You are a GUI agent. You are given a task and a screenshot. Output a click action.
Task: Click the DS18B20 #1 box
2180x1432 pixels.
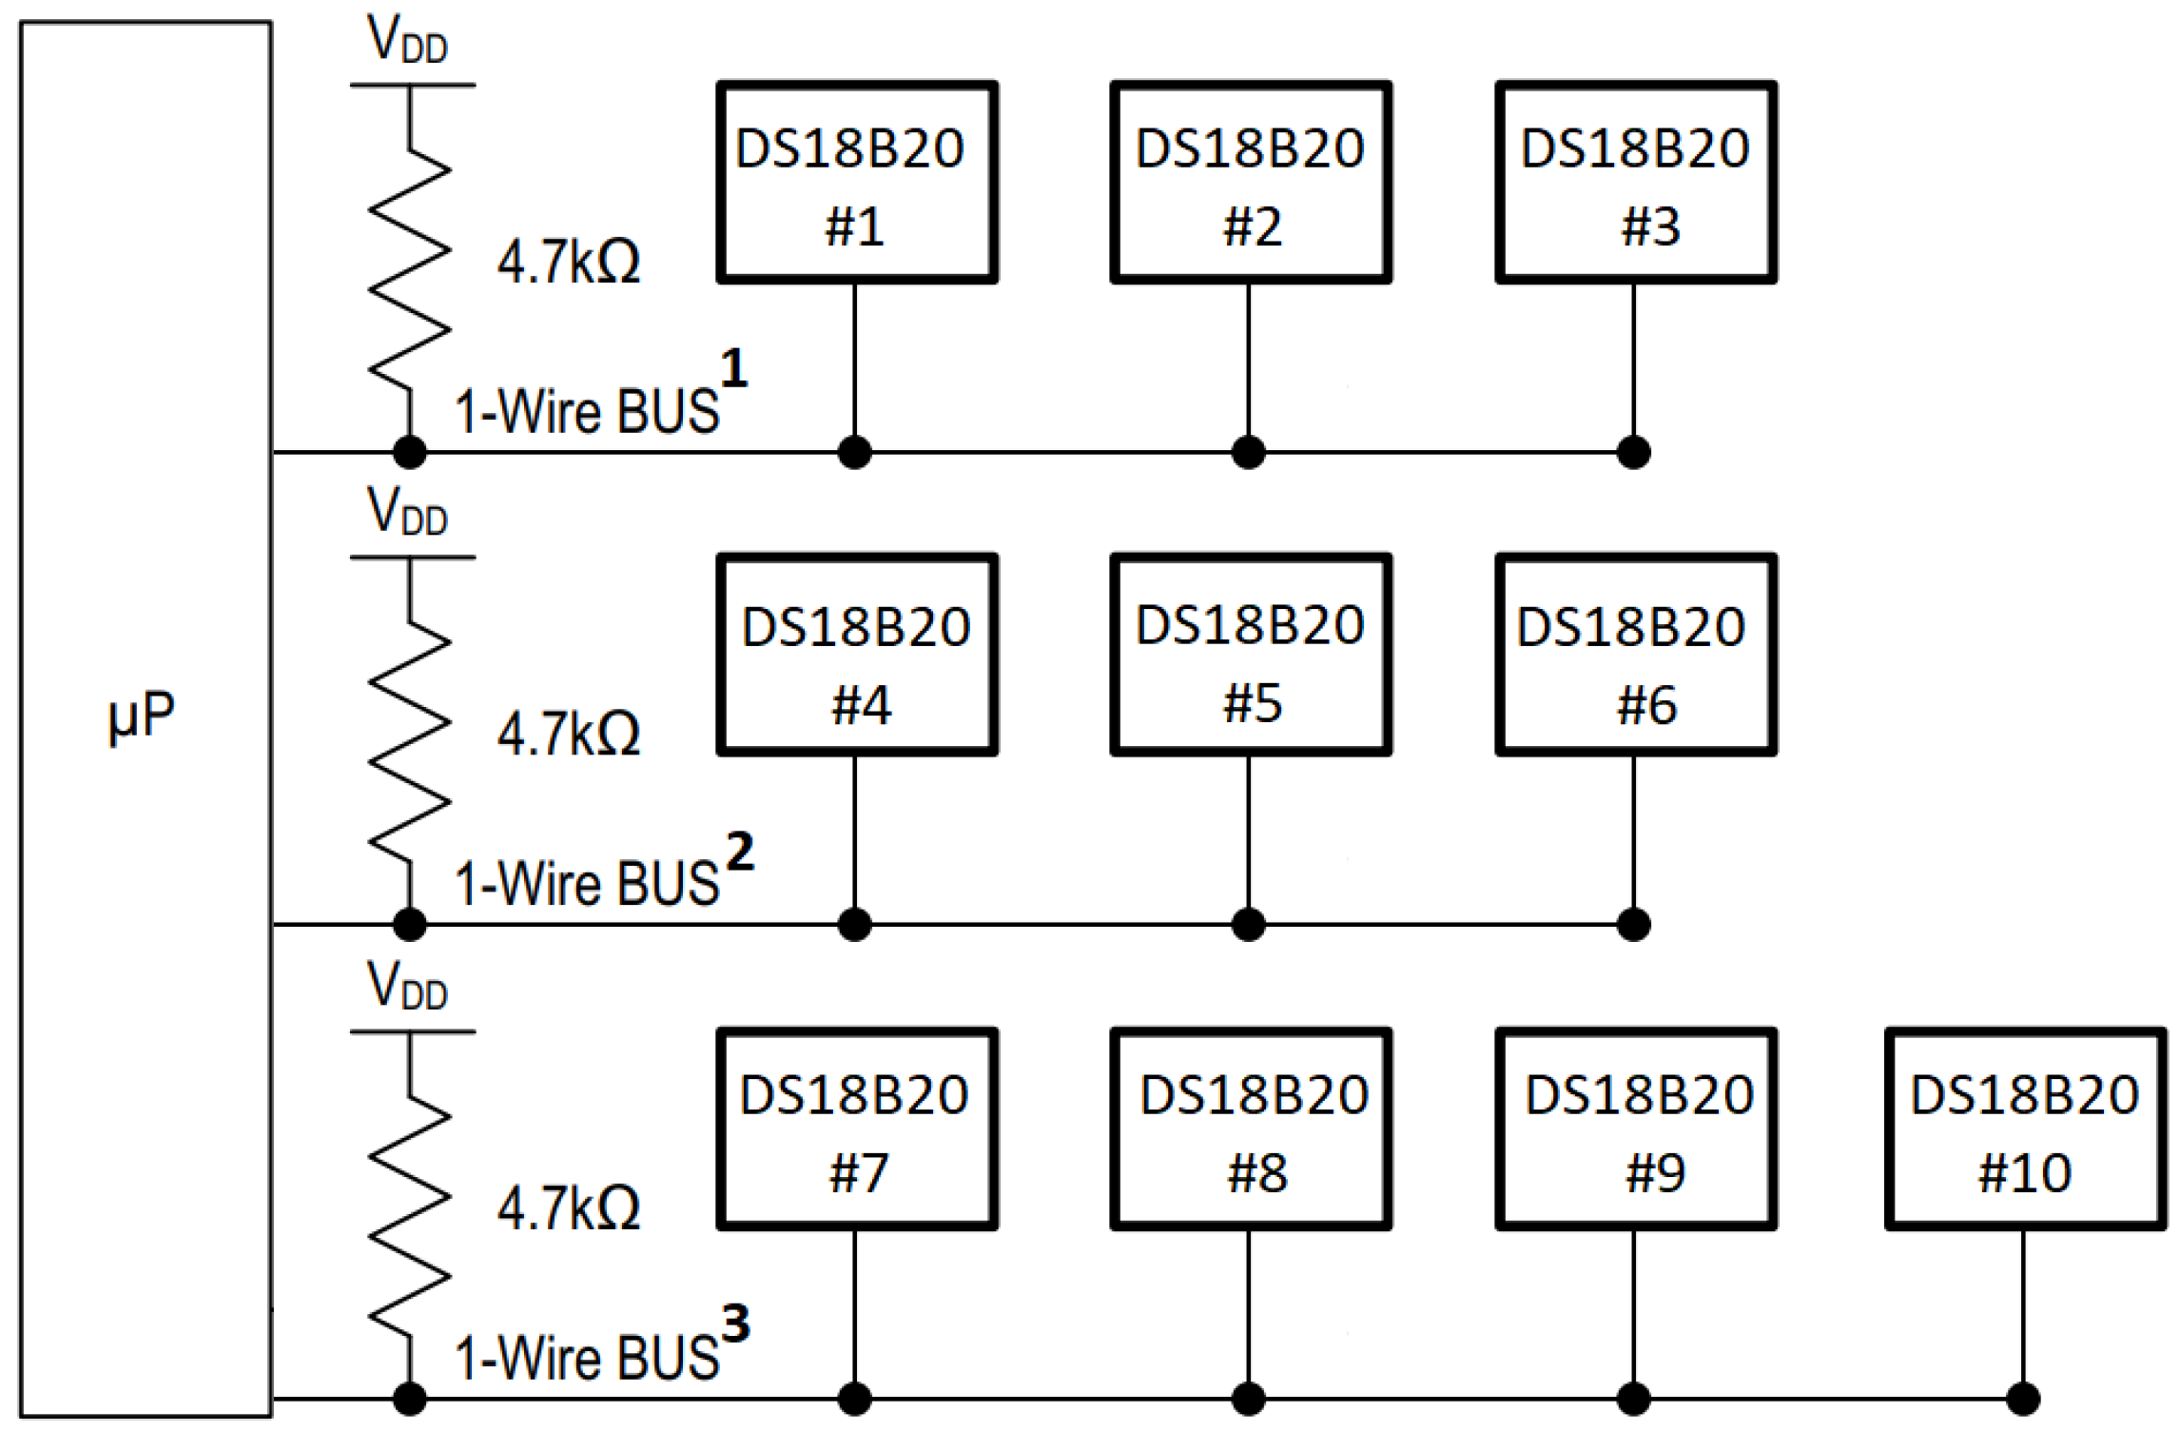point(856,182)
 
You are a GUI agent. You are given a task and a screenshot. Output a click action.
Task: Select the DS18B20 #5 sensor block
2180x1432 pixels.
point(1250,655)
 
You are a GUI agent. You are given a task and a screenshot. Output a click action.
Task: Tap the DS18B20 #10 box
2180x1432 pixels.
point(2024,1128)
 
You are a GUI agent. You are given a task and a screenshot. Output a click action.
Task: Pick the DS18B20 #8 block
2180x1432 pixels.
point(1250,1128)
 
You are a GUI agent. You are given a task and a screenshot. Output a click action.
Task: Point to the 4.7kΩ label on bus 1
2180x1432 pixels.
point(569,262)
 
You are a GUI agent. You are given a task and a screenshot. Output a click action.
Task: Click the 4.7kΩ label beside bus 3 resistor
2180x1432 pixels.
point(569,1208)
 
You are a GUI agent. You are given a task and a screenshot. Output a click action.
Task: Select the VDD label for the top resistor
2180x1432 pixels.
point(407,41)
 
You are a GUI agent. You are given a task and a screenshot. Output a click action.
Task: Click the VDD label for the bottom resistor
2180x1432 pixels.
point(407,986)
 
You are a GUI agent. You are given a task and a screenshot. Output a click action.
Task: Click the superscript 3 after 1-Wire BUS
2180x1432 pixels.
point(735,1324)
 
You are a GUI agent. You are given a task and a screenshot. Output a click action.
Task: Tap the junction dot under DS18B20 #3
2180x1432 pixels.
point(1633,452)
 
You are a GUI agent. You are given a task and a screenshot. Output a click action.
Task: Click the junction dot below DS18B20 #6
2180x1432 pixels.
point(1633,924)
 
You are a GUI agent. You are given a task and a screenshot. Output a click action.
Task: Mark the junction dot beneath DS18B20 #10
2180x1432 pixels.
point(2022,1398)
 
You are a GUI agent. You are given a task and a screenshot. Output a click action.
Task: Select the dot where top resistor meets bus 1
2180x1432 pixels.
point(410,452)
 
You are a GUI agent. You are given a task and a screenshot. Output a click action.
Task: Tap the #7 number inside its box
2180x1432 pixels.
point(858,1172)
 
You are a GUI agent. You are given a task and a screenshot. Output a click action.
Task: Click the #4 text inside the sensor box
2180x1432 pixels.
point(861,705)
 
